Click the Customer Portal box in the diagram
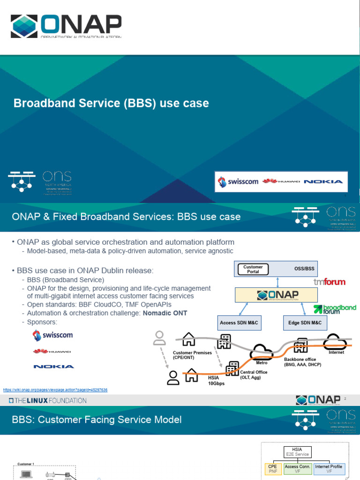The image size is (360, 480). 253,269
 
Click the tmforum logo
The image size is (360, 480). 329,282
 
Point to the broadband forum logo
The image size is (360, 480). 335,309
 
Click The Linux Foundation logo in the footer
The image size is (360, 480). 48,401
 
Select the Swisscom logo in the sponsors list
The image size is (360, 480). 52,335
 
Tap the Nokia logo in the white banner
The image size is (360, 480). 323,181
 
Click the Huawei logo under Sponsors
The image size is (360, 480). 52,351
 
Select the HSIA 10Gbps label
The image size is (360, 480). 216,380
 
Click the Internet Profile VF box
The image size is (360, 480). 328,469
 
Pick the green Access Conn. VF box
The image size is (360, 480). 298,469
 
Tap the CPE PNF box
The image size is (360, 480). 273,469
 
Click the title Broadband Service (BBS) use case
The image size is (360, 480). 111,103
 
